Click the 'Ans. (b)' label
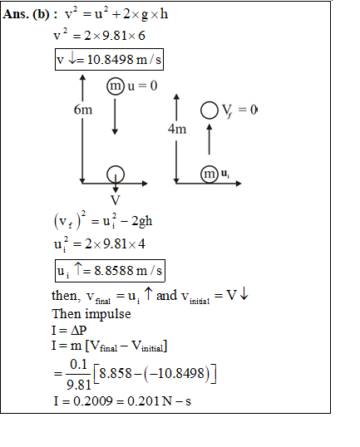click(x=27, y=14)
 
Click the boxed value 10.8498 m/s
click(x=109, y=60)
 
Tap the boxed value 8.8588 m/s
click(x=110, y=271)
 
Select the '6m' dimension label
click(x=83, y=110)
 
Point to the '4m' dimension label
click(x=177, y=129)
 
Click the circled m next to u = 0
click(x=116, y=86)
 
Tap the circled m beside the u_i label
click(x=210, y=174)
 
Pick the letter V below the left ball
click(x=116, y=200)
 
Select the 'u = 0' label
click(x=142, y=86)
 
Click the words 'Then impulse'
click(x=91, y=314)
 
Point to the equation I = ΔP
click(x=69, y=330)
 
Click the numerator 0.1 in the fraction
click(x=78, y=364)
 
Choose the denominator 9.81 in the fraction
click(x=78, y=385)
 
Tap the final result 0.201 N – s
click(x=159, y=401)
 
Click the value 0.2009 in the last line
click(x=93, y=401)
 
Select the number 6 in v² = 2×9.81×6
click(x=141, y=36)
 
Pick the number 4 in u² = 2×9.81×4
click(x=141, y=243)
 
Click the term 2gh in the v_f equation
click(x=142, y=221)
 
